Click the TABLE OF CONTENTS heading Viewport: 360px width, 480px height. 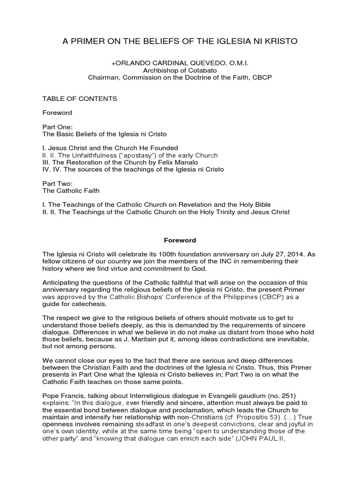pyautogui.click(x=80, y=99)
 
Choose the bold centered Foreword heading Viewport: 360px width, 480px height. pyautogui.click(x=180, y=240)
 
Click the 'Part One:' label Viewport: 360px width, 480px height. pyautogui.click(x=57, y=127)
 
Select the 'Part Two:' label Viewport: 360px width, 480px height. pyautogui.click(x=57, y=184)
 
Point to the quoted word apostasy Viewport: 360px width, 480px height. pyautogui.click(x=141, y=155)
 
